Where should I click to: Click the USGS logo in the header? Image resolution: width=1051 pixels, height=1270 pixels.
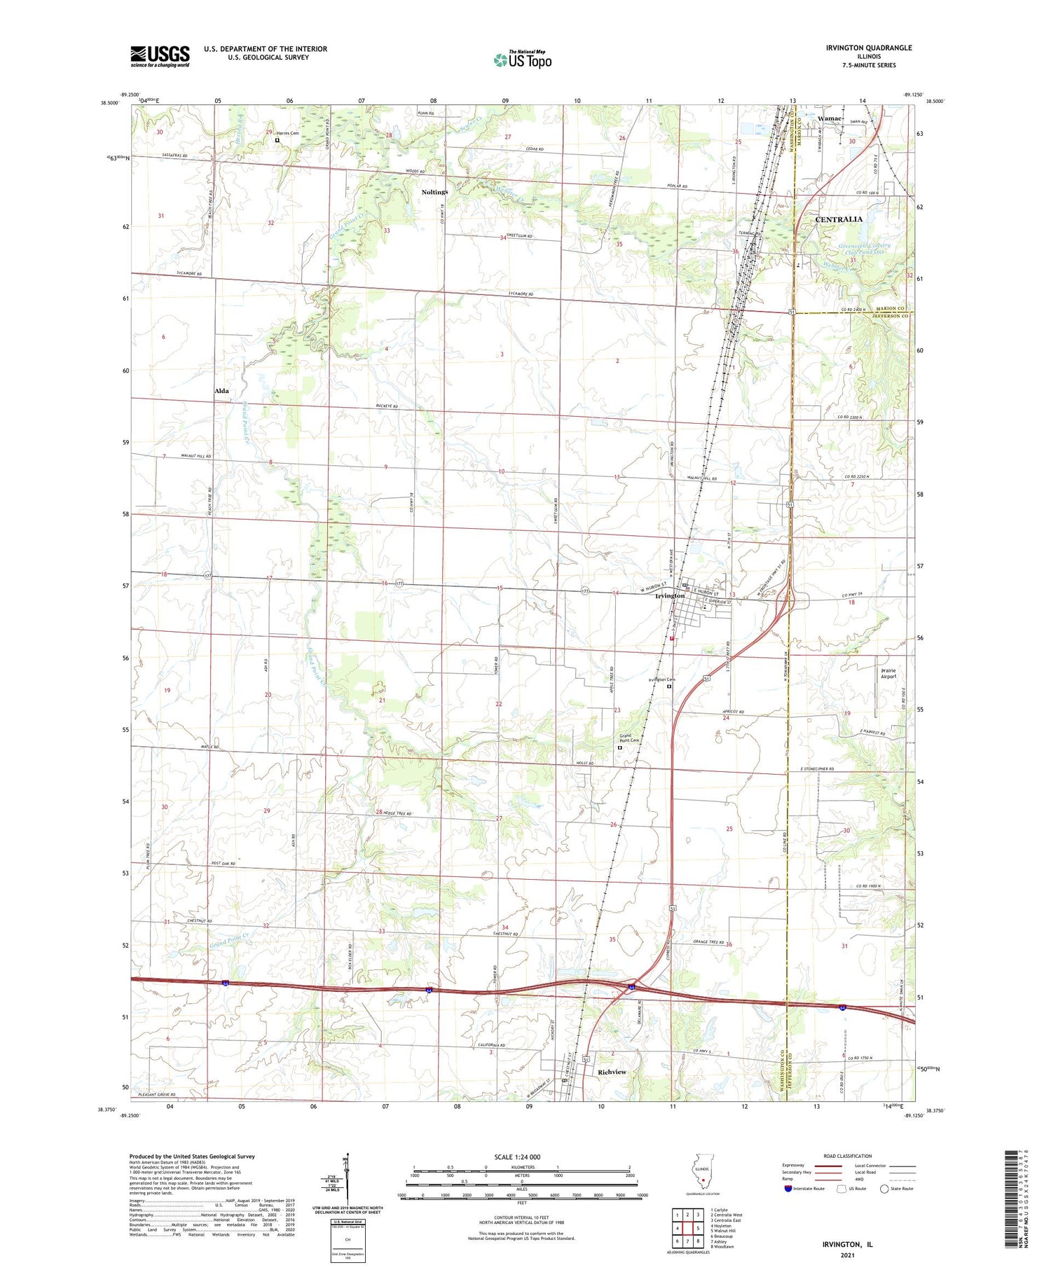point(160,56)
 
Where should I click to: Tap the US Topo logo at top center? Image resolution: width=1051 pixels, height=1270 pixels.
point(523,60)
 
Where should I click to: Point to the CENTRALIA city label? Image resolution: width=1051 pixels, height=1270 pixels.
point(839,219)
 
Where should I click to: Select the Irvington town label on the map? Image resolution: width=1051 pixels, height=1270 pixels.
point(670,595)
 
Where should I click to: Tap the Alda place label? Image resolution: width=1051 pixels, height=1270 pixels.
point(221,391)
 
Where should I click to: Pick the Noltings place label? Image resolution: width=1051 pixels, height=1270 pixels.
point(434,192)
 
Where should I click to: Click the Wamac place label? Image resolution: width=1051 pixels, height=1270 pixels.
point(829,119)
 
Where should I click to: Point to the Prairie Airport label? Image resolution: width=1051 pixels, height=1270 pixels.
point(888,673)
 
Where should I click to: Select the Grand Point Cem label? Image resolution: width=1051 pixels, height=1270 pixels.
point(628,738)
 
